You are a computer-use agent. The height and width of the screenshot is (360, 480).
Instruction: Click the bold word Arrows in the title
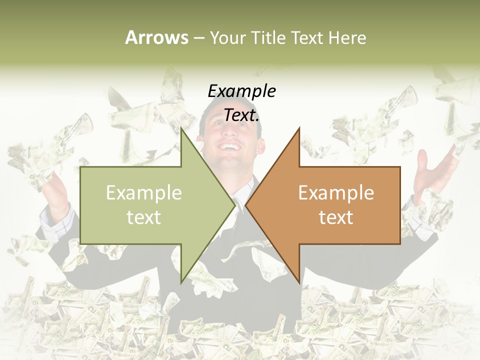tap(156, 37)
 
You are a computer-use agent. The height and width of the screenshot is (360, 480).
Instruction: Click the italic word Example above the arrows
tap(241, 91)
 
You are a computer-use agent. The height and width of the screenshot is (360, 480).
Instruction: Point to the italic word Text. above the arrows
tap(241, 115)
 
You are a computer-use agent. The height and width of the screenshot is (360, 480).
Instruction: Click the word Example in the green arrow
tap(144, 193)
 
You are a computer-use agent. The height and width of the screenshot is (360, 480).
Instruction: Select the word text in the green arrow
tap(144, 217)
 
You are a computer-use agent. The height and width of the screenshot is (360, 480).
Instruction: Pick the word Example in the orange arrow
tap(336, 193)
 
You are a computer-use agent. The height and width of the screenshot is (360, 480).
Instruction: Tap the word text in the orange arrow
tap(336, 217)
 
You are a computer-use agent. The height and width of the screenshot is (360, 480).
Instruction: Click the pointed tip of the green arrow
tap(235, 205)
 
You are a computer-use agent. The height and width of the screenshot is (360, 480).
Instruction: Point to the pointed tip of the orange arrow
tap(246, 205)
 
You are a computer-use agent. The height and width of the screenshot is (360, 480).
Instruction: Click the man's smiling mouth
tap(230, 148)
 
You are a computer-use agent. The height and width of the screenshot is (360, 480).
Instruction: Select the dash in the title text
tap(198, 38)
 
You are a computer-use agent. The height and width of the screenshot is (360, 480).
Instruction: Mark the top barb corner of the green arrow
tap(181, 128)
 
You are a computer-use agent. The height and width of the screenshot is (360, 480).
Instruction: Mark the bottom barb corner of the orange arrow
tap(299, 282)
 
